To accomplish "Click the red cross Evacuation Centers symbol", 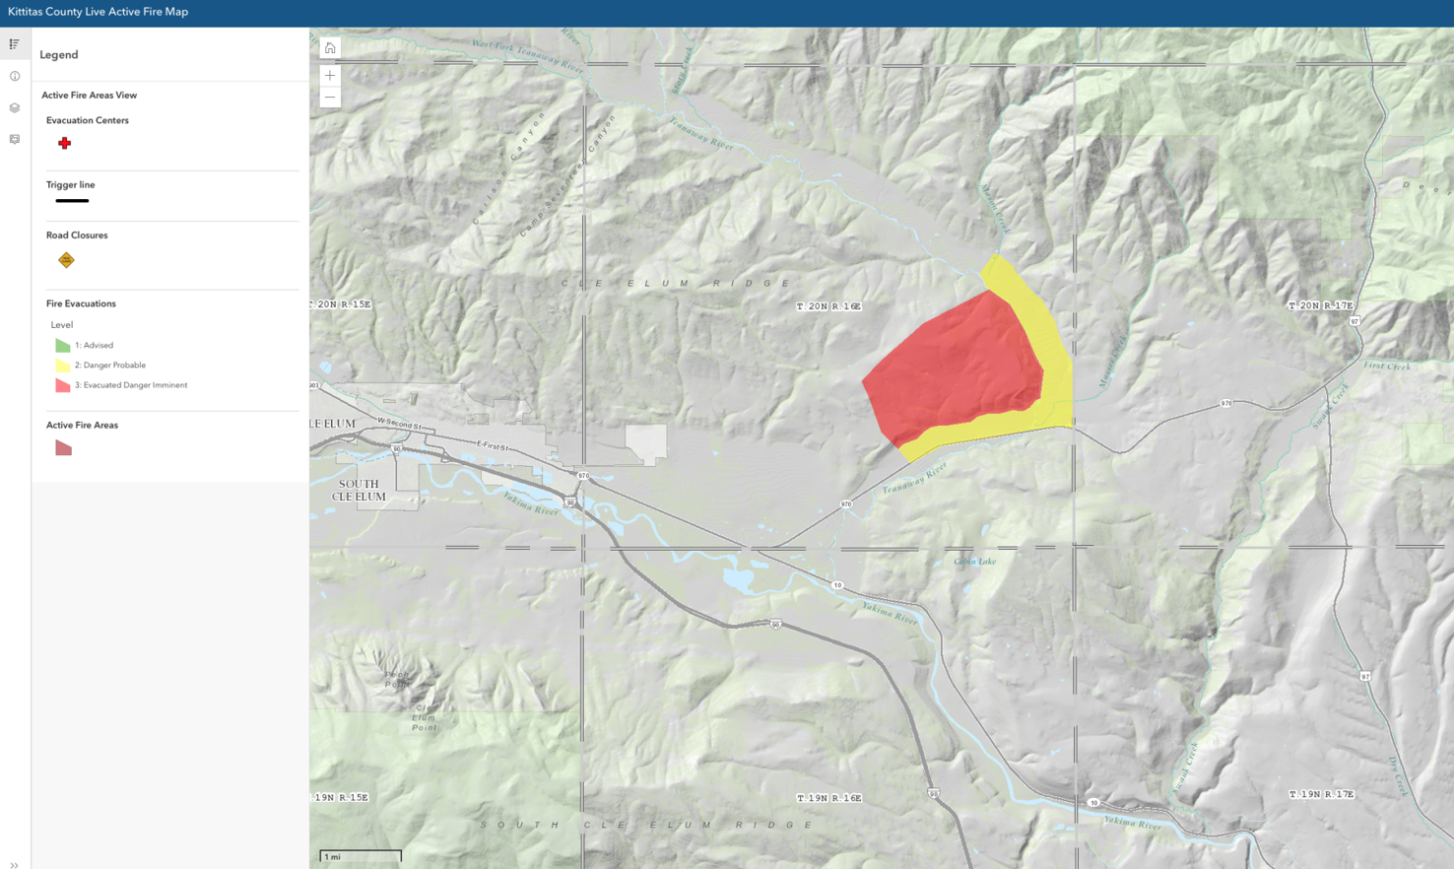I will click(x=64, y=144).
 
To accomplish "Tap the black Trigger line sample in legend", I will click(x=72, y=201).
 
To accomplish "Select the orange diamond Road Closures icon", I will click(x=66, y=260).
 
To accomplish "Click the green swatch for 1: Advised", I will click(x=63, y=346).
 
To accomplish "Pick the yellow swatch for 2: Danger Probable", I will click(x=63, y=366).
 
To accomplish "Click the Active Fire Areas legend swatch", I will click(x=63, y=448).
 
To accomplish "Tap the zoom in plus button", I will click(x=330, y=75).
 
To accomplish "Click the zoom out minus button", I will click(x=330, y=97).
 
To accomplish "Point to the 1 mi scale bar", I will click(x=360, y=856).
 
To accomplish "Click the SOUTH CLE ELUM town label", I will click(x=359, y=491).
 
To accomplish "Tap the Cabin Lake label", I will click(x=974, y=562).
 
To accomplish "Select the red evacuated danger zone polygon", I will click(x=951, y=365).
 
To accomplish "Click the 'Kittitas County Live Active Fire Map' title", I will click(x=98, y=12).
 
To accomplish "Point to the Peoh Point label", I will click(x=397, y=680).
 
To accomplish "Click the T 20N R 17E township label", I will click(x=1320, y=305).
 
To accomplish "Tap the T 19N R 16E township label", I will click(x=828, y=798).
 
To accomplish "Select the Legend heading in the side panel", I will click(x=59, y=55).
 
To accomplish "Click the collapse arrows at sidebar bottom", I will click(x=14, y=864).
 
